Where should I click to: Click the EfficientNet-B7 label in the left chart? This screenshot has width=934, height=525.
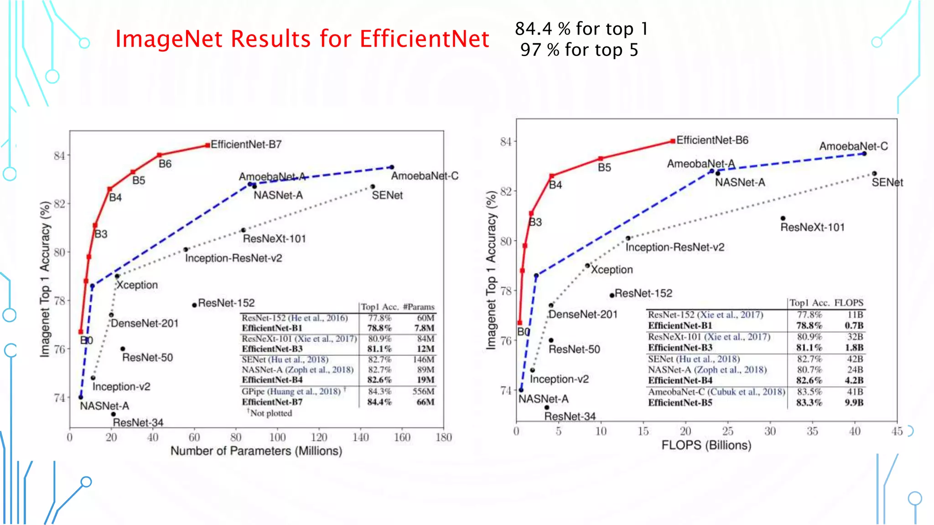point(246,144)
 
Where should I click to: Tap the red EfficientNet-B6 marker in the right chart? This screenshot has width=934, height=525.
point(673,141)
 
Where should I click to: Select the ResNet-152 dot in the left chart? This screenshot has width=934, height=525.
point(194,305)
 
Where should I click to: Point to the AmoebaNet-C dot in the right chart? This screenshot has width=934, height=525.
point(864,154)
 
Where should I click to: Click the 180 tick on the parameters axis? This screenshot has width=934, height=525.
point(444,437)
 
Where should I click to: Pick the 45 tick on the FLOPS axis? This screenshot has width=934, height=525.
point(897,431)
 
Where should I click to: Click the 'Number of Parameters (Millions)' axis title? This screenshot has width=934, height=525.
point(256,451)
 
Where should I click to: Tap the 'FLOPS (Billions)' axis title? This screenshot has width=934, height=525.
point(706,445)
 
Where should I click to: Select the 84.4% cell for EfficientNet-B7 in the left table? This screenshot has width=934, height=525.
point(379,402)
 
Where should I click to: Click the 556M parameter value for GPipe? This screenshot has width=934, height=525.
point(423,391)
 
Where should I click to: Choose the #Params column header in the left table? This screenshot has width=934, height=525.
point(419,307)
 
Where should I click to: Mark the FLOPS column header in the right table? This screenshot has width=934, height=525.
point(849,303)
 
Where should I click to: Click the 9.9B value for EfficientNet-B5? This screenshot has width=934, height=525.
point(854,402)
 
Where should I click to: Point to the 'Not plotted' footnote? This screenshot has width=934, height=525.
point(270,413)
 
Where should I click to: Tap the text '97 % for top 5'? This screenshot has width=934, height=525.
point(579,50)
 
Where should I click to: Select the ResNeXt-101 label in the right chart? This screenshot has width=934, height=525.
point(812,227)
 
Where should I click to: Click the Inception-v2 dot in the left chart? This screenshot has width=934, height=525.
point(93,378)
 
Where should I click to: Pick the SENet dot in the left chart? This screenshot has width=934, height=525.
point(373,186)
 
